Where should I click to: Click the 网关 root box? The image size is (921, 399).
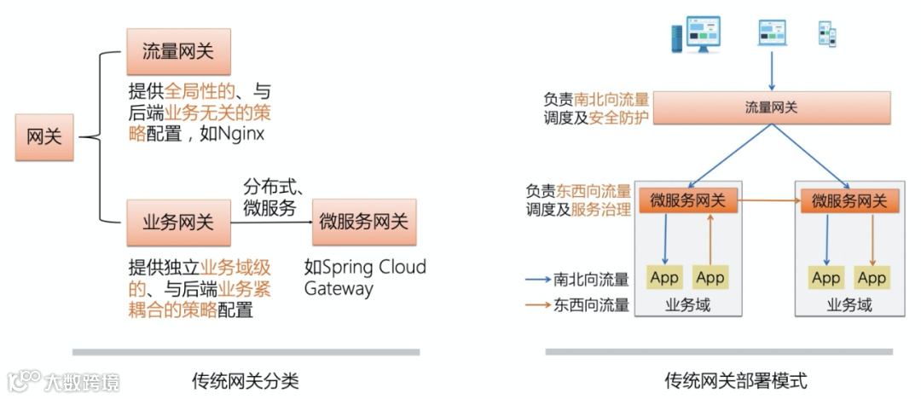point(44,136)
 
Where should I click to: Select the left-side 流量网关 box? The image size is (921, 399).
point(178,50)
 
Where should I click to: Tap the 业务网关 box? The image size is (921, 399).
point(178,223)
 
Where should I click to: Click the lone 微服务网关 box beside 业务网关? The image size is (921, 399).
point(364,223)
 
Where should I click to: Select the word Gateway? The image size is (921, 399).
point(339,289)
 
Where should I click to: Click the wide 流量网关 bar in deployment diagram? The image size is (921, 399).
point(772,107)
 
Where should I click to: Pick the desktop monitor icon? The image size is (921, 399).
point(698,33)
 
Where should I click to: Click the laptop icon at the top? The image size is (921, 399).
point(772,33)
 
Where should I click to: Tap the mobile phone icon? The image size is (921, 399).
point(828,34)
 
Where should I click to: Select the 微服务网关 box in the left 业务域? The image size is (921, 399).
point(687,201)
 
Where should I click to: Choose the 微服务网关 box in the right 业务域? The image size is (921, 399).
point(849,201)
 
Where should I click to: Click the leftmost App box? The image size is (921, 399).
point(664,277)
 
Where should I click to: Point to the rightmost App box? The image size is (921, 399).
point(872,277)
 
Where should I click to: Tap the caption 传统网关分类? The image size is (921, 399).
point(246,380)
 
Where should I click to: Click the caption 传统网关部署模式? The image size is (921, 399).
point(735,380)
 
